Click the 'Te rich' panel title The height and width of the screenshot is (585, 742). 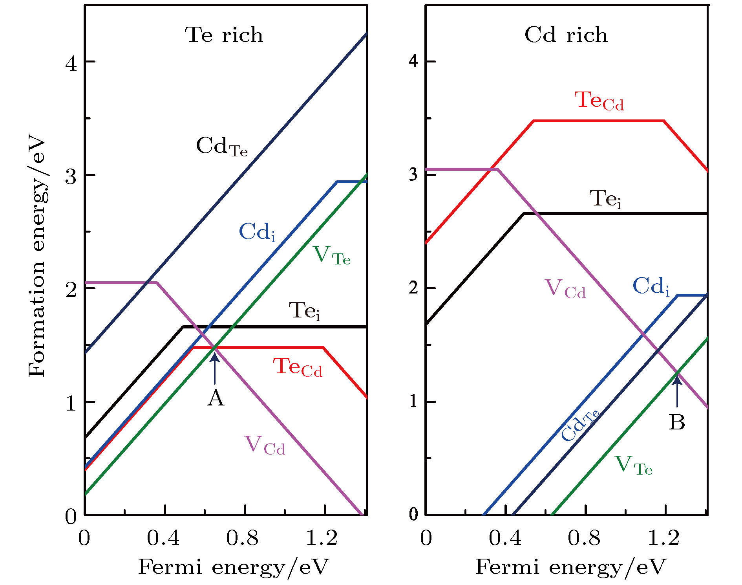(x=224, y=35)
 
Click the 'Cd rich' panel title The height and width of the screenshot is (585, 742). (x=566, y=35)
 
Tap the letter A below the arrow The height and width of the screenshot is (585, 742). (x=216, y=398)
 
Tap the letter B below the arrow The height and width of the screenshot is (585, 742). (x=676, y=422)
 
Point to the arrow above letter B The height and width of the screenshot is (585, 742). (x=677, y=391)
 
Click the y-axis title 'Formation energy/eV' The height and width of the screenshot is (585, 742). (x=37, y=255)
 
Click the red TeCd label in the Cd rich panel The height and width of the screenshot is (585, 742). (x=599, y=101)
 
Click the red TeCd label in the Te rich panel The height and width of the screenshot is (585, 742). (x=298, y=367)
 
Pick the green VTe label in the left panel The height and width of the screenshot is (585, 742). (x=331, y=255)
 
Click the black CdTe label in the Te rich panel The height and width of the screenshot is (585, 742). (x=222, y=147)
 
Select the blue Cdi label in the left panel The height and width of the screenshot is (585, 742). (x=257, y=232)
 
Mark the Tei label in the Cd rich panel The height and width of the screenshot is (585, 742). (x=605, y=199)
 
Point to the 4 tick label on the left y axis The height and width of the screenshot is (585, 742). (x=71, y=63)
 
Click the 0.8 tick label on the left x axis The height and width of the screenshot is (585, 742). (x=242, y=538)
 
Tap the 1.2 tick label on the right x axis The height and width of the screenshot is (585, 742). (x=663, y=538)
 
